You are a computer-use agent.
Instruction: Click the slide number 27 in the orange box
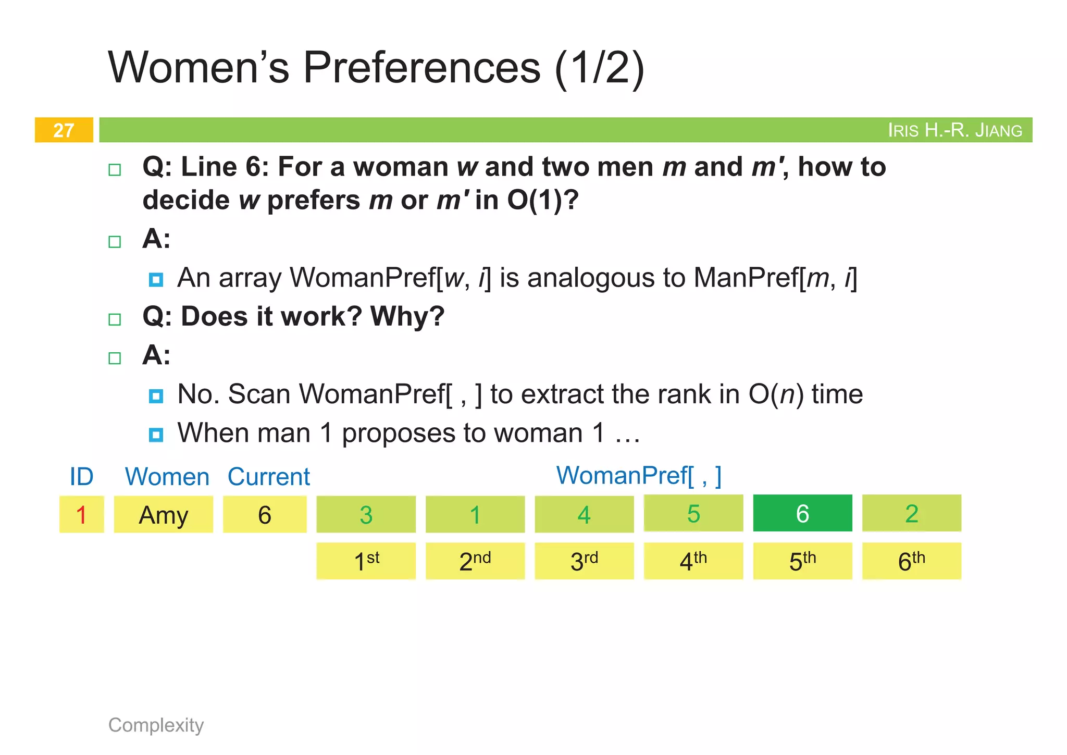[64, 130]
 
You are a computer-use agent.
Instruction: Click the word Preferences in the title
[421, 68]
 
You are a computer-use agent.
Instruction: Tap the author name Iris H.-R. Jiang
[954, 130]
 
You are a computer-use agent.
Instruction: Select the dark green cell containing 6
[802, 514]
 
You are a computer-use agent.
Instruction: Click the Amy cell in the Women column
[163, 515]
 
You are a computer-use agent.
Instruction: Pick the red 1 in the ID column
[81, 515]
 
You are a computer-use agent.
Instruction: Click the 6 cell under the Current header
[265, 515]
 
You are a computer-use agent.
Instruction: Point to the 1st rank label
[366, 561]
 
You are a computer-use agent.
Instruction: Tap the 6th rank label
[911, 561]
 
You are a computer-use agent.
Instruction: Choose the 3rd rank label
[584, 561]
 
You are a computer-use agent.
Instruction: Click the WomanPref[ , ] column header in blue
[639, 475]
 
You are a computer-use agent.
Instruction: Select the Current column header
[268, 477]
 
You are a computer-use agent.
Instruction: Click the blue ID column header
[81, 477]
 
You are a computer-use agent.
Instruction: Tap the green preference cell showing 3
[366, 515]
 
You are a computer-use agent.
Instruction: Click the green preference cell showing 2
[911, 514]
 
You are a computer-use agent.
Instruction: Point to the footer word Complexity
[156, 725]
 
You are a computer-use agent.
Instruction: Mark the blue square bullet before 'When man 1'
[156, 435]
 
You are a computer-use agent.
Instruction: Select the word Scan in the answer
[259, 394]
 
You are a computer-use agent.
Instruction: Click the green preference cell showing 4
[584, 515]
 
